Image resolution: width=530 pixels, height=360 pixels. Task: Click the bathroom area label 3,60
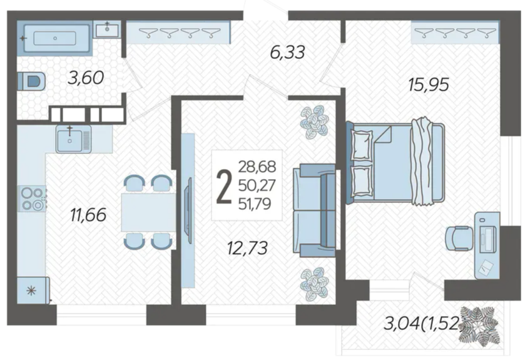click(x=86, y=78)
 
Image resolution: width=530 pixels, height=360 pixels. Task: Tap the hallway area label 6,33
click(x=288, y=53)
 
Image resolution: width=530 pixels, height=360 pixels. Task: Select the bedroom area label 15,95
click(x=429, y=85)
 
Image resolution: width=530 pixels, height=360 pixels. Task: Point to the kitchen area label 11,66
click(x=88, y=215)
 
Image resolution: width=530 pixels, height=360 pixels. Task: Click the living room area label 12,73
click(x=247, y=248)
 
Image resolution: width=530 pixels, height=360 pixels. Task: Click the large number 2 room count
click(x=224, y=187)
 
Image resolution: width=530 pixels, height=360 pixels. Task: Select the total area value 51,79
click(x=255, y=204)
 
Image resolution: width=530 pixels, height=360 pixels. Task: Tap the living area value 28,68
click(x=257, y=167)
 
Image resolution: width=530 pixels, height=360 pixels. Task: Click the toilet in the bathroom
click(x=31, y=81)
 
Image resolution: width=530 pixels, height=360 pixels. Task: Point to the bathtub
click(x=54, y=38)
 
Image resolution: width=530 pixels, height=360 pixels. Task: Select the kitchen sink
click(x=73, y=139)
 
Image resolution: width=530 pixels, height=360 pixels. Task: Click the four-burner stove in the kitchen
click(x=32, y=198)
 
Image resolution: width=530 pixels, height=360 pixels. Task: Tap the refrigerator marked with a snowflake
click(x=33, y=291)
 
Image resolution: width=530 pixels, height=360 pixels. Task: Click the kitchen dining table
click(x=148, y=212)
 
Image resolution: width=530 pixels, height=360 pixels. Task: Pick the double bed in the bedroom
click(x=395, y=163)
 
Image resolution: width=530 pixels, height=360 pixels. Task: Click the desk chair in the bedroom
click(x=459, y=238)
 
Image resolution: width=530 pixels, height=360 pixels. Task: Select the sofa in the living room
click(x=314, y=210)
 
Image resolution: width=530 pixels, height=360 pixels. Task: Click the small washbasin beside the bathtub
click(x=107, y=30)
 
